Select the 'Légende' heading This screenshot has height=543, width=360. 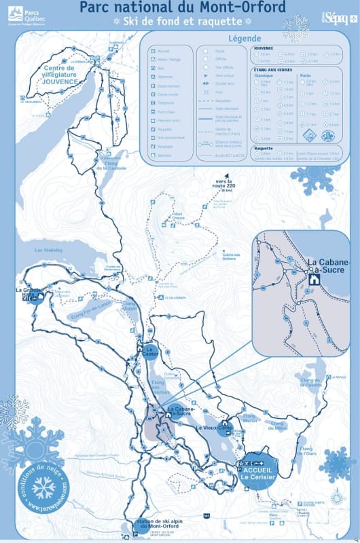(245, 39)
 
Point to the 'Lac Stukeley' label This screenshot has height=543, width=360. (48, 250)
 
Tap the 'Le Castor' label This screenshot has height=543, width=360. (151, 351)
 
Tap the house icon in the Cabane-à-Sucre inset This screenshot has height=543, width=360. (314, 278)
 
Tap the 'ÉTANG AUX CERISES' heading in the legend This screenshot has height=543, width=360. (274, 69)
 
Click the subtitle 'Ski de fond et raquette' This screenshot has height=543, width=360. (180, 22)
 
